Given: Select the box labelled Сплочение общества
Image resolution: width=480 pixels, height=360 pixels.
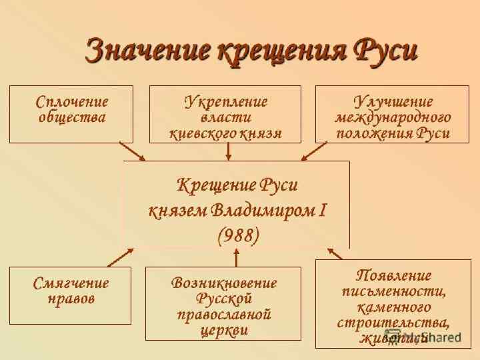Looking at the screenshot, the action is pos(71,113).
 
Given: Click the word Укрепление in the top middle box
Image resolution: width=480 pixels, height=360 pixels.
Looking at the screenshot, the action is pos(225,101).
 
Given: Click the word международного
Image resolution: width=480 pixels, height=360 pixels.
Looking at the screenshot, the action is pos(392,117).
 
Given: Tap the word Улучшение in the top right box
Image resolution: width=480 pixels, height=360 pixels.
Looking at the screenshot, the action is pos(392,101).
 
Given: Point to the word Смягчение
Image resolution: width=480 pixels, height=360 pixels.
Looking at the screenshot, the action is pos(71,282).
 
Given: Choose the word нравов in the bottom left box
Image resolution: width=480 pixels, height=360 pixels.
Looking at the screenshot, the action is pos(71,299).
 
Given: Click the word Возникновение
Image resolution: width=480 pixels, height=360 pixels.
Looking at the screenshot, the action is pos(224,282).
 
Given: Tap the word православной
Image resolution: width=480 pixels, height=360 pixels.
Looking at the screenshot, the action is pos(224,314).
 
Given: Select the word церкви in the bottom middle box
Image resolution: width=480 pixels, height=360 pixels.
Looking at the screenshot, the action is pos(224,330).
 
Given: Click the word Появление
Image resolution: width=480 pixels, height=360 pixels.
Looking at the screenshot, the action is pos(393,275).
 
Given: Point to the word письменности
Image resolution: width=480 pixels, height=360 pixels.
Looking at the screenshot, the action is pos(393,291).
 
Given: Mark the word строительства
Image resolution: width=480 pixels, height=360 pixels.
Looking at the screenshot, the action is pos(393,323).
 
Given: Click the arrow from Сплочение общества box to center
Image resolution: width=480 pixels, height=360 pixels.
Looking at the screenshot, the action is pos(132,151).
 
